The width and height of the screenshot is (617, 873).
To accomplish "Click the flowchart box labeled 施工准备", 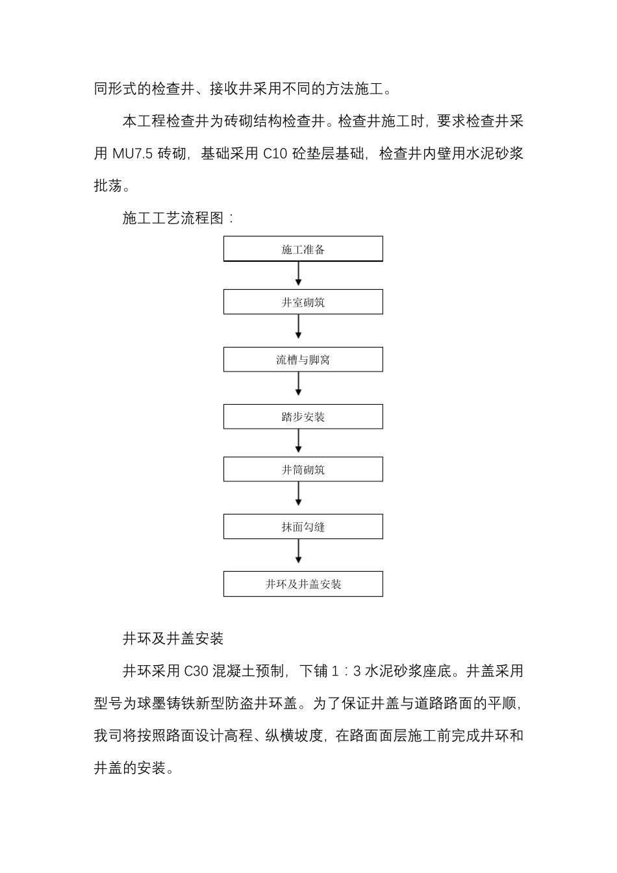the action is (303, 249).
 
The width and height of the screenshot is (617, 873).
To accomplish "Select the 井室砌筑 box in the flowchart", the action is (303, 302).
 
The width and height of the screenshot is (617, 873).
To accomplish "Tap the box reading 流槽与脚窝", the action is (303, 359).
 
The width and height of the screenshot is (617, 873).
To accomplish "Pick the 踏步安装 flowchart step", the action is (303, 417).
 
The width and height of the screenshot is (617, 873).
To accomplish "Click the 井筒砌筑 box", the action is (303, 469).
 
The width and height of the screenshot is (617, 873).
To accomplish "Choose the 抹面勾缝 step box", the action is (303, 527).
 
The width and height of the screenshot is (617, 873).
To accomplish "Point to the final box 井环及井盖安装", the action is (303, 584).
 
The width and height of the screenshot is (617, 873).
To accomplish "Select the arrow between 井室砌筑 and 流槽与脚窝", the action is (299, 327).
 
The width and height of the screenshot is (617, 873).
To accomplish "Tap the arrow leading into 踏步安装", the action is (299, 385).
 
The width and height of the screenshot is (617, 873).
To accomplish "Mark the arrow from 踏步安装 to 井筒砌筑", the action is (299, 442).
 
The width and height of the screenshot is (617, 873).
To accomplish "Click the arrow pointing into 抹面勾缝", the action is (299, 494).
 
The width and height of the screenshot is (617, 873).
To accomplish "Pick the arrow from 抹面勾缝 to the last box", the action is (299, 552).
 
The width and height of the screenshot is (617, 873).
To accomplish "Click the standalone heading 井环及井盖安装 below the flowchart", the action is (173, 639).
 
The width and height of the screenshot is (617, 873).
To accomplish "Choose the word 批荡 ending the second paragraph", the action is (108, 186).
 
